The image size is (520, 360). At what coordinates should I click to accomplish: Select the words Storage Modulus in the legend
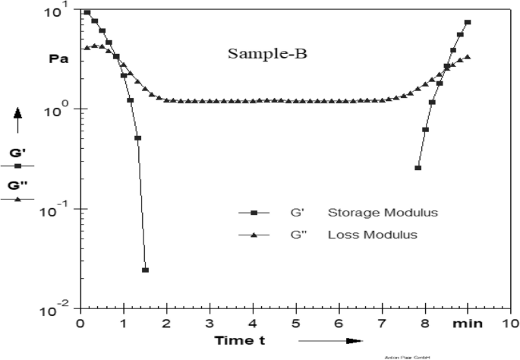coord(371,212)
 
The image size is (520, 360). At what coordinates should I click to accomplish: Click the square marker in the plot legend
coord(254,213)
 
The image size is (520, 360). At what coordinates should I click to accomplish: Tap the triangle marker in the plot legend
coord(254,235)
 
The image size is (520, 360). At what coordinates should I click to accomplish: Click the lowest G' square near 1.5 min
coord(145,270)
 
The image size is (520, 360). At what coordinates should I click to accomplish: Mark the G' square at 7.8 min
coord(418,167)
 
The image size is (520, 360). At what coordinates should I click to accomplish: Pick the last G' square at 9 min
coord(468,22)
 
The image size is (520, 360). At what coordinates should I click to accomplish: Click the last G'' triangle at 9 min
coord(468,56)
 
